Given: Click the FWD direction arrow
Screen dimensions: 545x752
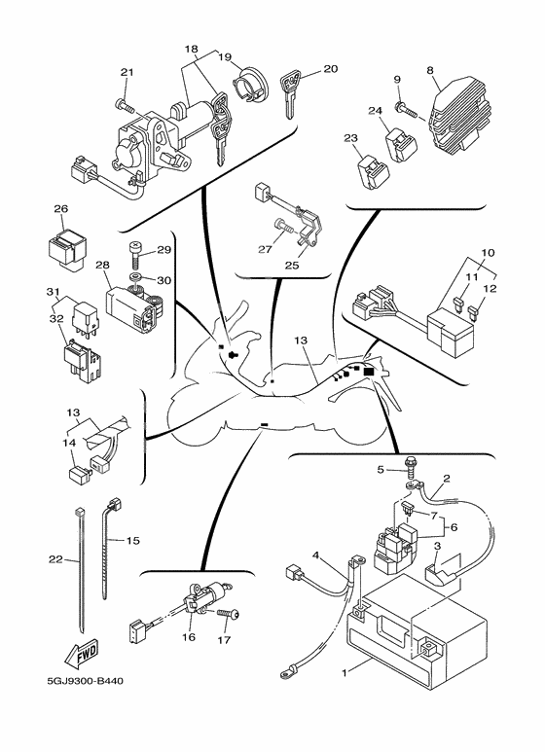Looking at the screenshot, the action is pyautogui.click(x=82, y=654).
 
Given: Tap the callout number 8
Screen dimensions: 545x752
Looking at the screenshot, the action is pyautogui.click(x=430, y=70).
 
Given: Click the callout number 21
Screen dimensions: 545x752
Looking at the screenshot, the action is pyautogui.click(x=127, y=72).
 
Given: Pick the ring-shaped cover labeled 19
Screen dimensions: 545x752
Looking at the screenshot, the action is pyautogui.click(x=253, y=85).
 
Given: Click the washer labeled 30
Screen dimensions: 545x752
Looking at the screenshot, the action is pyautogui.click(x=136, y=277).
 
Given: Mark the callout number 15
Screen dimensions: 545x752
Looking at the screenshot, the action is pyautogui.click(x=133, y=541).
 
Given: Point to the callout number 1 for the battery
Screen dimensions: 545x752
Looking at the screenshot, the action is pyautogui.click(x=344, y=673).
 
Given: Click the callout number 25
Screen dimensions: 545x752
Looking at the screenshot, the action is pyautogui.click(x=292, y=266).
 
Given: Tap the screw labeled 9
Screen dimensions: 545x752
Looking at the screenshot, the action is pyautogui.click(x=407, y=109).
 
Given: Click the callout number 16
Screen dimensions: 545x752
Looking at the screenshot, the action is pyautogui.click(x=189, y=637).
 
